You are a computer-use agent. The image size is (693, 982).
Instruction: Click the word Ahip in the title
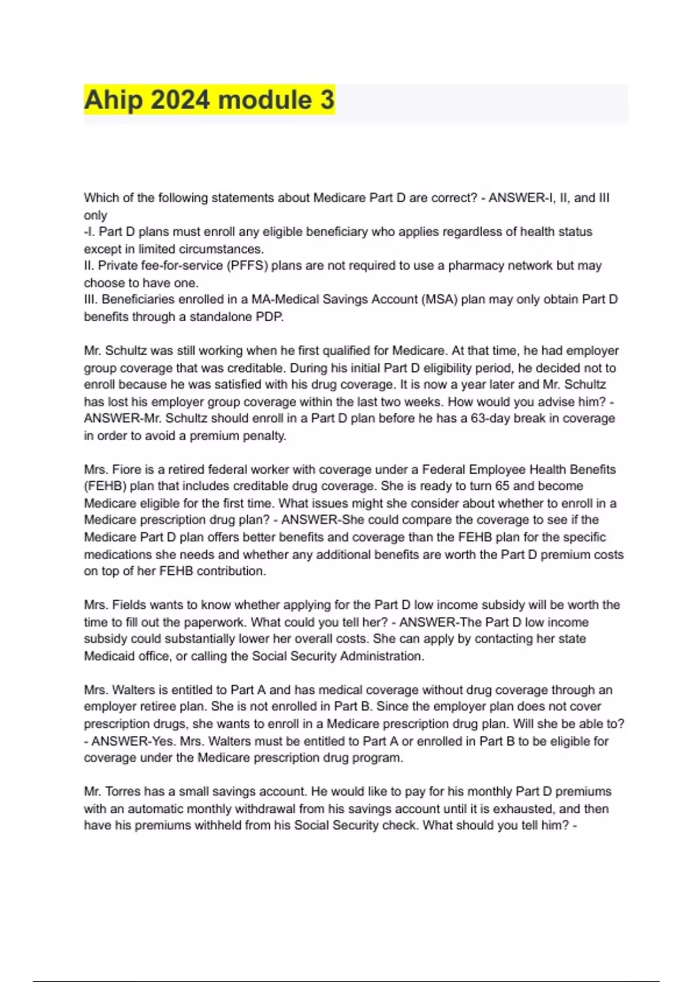click(113, 100)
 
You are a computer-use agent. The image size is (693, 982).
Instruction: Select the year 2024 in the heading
click(180, 100)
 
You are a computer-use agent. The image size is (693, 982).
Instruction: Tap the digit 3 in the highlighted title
click(327, 100)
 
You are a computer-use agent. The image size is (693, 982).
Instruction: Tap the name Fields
click(128, 605)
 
